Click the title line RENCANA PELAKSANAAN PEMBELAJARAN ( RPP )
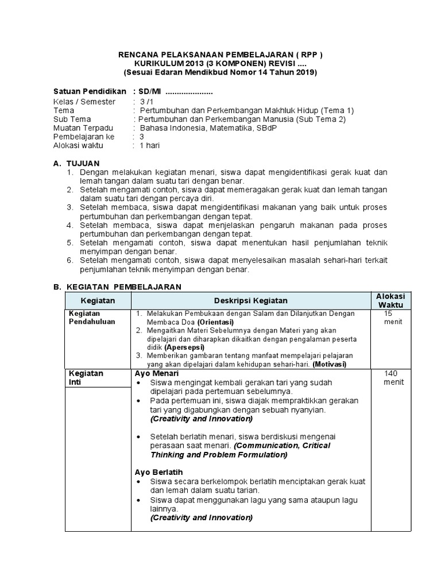point(220,55)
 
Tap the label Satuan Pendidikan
point(89,92)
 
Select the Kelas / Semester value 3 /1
point(140,102)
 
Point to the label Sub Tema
point(71,119)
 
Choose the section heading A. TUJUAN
point(76,164)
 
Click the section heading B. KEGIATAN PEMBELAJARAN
point(117,286)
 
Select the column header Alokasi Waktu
point(390,300)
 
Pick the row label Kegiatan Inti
point(86,377)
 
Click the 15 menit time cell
point(390,318)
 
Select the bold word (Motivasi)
point(330,364)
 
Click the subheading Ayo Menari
point(157,373)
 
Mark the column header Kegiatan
point(98,300)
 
